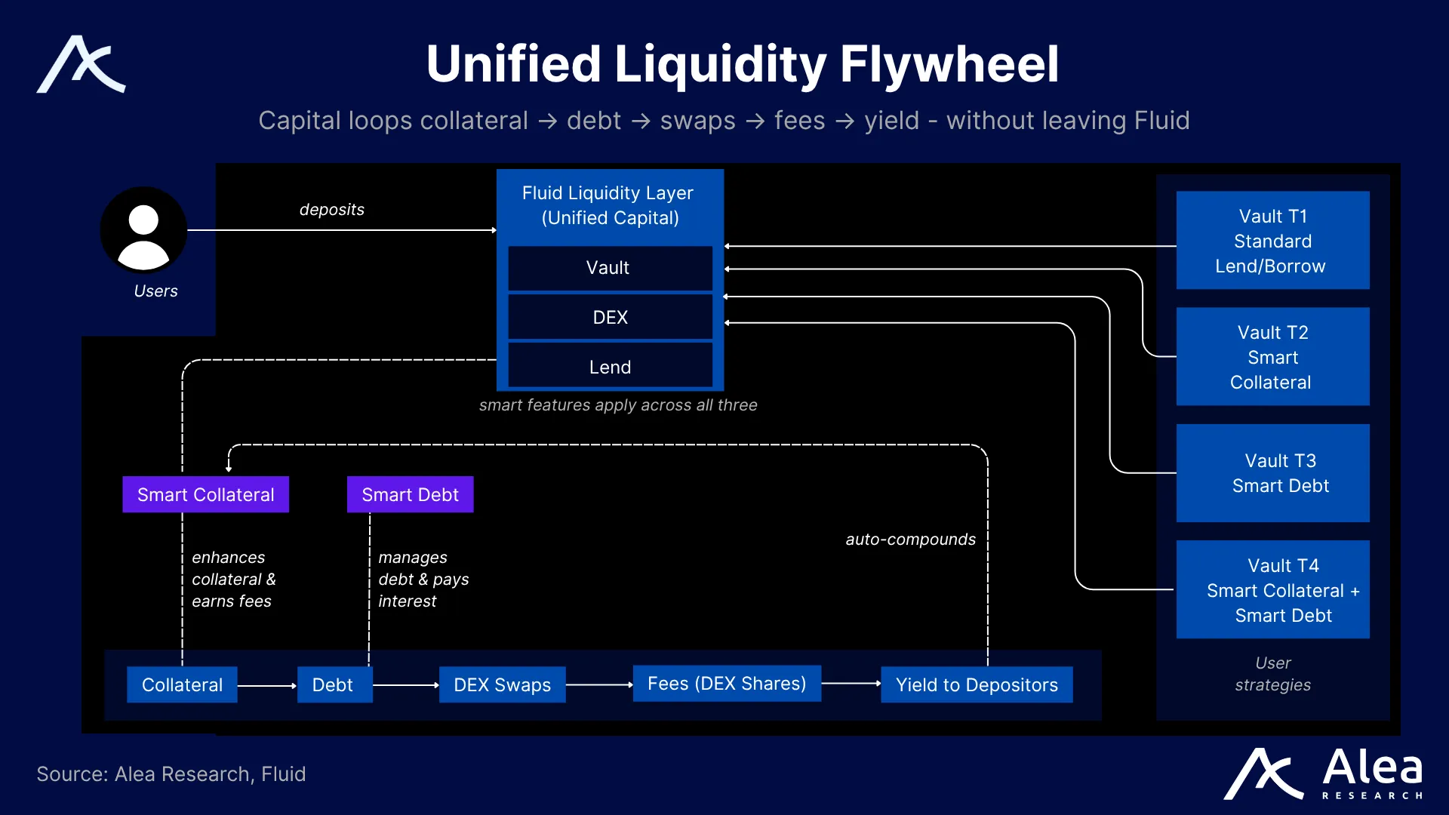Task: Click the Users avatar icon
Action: click(143, 230)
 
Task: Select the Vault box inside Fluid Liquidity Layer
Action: click(610, 268)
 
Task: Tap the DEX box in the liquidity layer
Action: click(610, 318)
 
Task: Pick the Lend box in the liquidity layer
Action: click(610, 367)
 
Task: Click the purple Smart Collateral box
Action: click(205, 494)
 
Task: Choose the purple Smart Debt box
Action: click(410, 494)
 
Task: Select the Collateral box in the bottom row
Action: click(182, 684)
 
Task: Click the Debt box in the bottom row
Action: click(334, 684)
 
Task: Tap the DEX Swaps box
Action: click(502, 684)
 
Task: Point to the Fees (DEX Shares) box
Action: click(726, 684)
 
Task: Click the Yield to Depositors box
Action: click(977, 684)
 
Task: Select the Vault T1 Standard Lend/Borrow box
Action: click(1272, 241)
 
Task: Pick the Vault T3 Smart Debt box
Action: click(1272, 473)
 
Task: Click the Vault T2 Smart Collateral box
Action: click(1272, 357)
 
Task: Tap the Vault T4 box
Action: click(1272, 589)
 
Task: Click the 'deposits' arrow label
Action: click(331, 210)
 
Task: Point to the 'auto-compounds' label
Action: click(910, 540)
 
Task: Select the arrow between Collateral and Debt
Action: click(267, 685)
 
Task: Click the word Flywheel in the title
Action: click(949, 64)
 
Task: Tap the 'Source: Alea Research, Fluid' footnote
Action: click(171, 774)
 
